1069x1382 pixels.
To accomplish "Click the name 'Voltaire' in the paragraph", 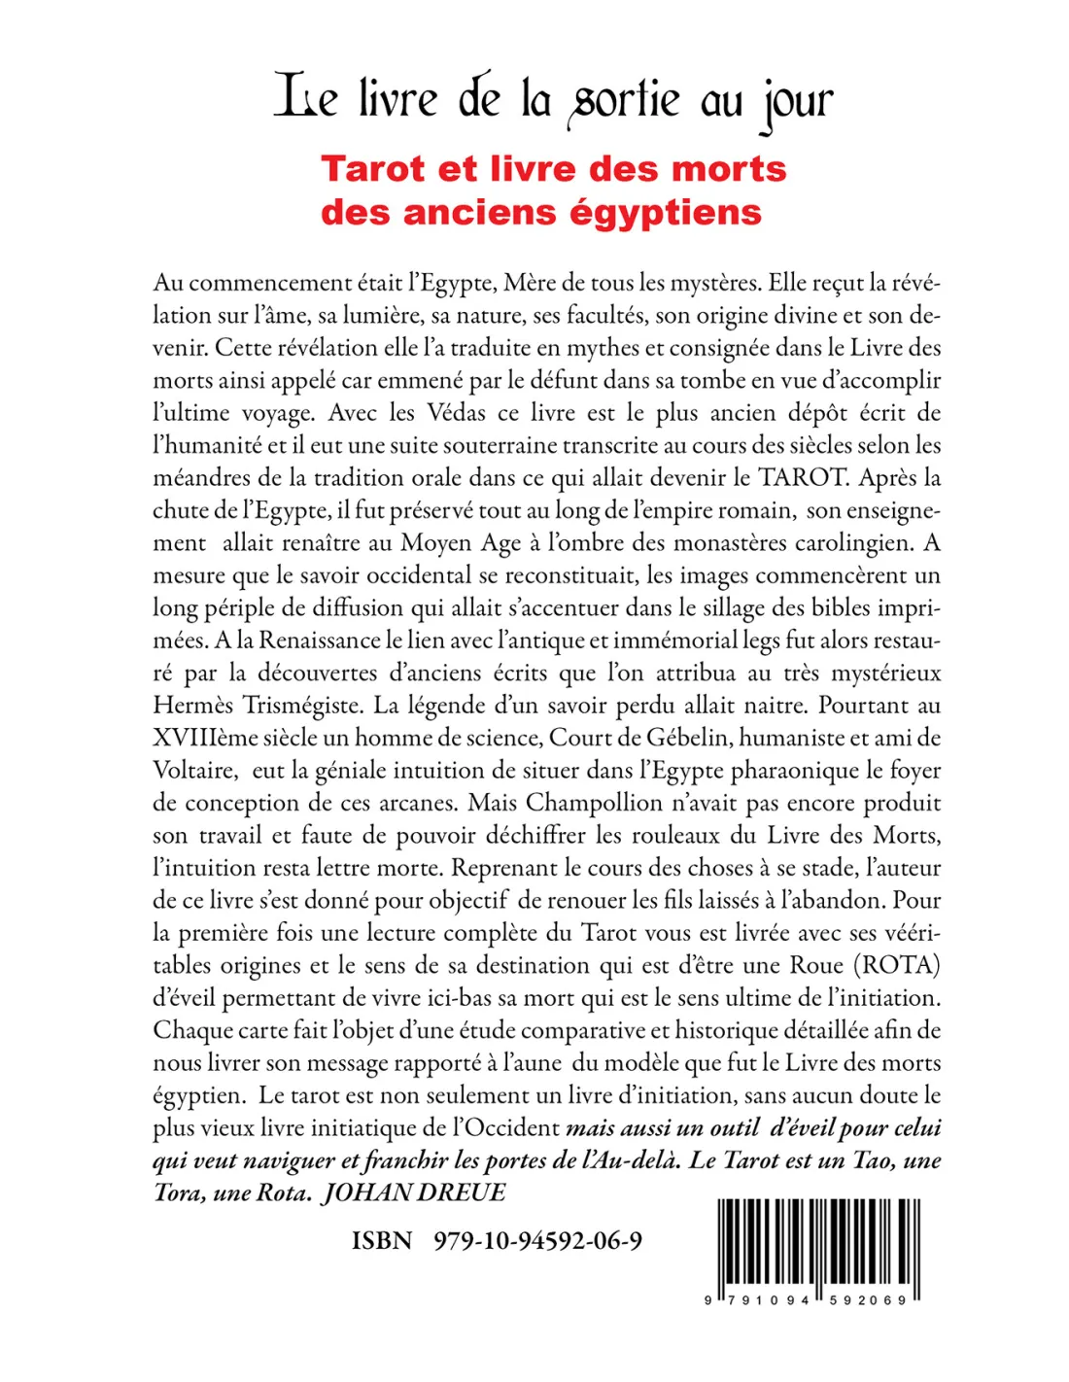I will [x=194, y=771].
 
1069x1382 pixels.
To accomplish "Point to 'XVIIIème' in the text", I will [x=202, y=738].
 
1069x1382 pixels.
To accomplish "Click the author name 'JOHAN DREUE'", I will [x=415, y=1192].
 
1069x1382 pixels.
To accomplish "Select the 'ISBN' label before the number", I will [x=382, y=1241].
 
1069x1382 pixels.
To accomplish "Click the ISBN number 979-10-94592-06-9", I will [x=537, y=1241].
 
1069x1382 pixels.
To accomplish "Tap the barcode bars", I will [x=818, y=1244].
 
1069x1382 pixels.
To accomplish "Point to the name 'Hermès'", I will [x=191, y=706].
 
